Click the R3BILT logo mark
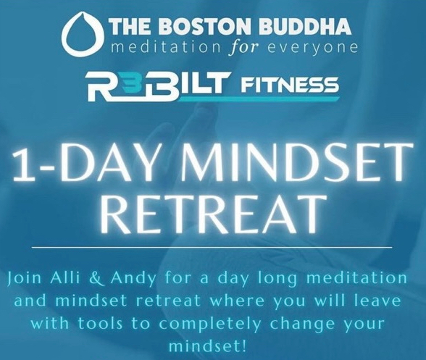156,85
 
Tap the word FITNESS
289,85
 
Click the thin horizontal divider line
212,248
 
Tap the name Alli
65,278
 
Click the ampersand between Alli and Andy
95,279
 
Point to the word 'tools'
101,324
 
